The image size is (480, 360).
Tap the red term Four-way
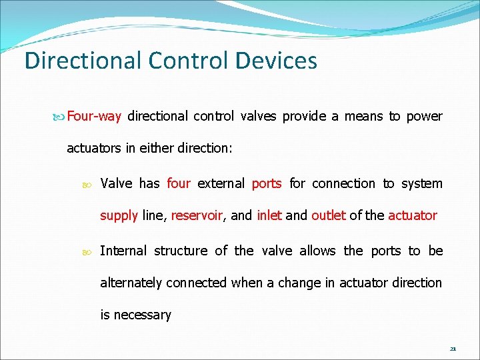(94, 116)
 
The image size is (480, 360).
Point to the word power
(424, 116)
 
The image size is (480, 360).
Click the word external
(221, 183)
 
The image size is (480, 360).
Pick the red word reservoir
(197, 215)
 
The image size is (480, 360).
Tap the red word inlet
(269, 215)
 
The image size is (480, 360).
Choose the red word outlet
(328, 215)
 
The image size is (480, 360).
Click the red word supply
(119, 215)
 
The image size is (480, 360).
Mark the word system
(422, 183)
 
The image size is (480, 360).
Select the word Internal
(123, 251)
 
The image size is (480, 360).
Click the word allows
(317, 251)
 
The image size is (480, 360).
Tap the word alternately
(131, 283)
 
